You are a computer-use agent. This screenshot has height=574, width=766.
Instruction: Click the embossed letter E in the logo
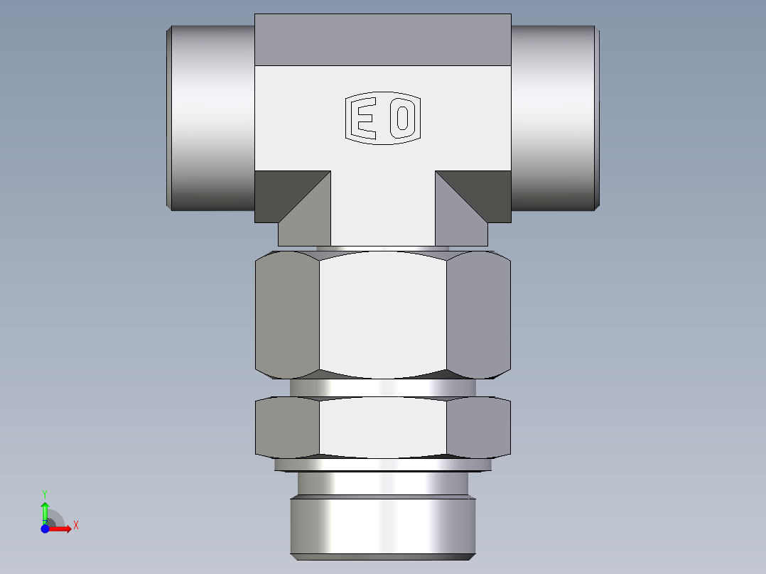365,119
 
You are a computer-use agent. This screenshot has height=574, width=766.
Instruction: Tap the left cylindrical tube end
211,118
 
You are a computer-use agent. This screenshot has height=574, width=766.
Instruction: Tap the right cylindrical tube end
554,118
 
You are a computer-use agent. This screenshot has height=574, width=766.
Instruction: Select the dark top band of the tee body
382,40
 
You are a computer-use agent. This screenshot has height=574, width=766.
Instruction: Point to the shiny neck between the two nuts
382,388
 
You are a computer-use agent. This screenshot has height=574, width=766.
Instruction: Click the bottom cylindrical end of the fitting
382,526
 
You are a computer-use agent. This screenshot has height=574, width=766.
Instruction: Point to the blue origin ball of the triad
45,529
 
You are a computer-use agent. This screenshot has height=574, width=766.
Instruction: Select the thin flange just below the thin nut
382,465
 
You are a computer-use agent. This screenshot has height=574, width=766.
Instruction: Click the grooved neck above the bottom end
382,484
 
